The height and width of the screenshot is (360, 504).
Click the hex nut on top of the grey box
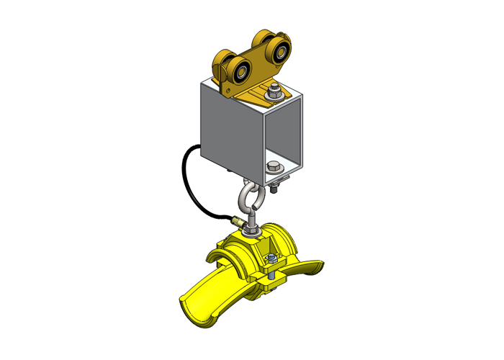[274, 90]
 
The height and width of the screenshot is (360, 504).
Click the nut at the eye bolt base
[252, 230]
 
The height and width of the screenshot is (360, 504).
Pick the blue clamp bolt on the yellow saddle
[269, 259]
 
